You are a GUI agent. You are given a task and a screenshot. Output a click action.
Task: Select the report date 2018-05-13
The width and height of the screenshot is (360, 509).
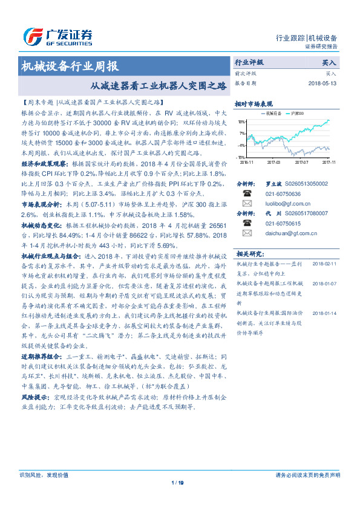click(x=322, y=83)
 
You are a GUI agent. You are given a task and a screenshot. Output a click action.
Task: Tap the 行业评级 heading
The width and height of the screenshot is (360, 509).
click(x=249, y=62)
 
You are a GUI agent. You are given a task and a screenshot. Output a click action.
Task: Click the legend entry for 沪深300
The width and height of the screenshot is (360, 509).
click(x=296, y=113)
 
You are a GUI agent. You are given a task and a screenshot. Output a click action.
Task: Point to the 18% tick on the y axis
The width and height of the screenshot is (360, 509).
click(x=241, y=121)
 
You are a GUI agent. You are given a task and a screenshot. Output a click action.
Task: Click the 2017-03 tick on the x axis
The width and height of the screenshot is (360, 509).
click(x=274, y=161)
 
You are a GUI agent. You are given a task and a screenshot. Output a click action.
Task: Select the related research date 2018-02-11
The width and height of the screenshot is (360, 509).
click(x=326, y=264)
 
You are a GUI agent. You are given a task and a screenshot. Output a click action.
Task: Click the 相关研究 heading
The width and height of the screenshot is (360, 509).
click(x=249, y=253)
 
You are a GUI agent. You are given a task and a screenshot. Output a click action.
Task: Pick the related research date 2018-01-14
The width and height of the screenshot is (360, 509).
click(x=326, y=313)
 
